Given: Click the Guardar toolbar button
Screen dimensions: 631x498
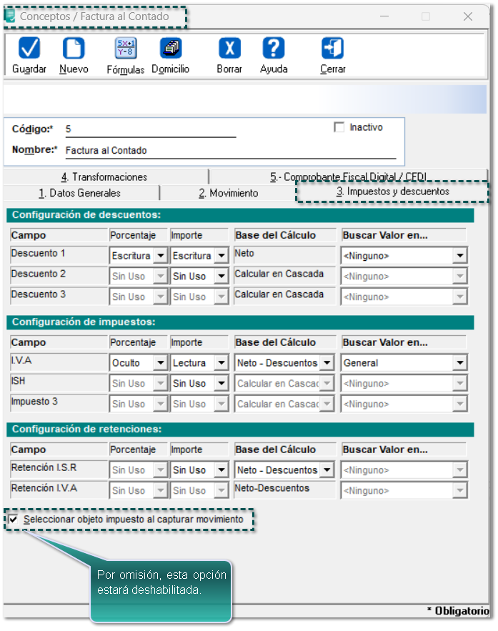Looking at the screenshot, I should click(x=29, y=55).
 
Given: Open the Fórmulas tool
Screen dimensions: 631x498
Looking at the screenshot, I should click(x=126, y=55).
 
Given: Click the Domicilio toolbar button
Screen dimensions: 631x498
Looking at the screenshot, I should click(x=171, y=55).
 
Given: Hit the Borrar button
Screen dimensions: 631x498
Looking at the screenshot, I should click(x=229, y=55).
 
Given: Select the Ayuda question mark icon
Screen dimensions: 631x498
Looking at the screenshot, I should click(x=274, y=55).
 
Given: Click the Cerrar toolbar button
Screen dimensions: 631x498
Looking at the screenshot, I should click(x=333, y=55).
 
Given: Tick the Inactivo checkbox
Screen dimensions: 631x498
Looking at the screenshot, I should click(x=339, y=128).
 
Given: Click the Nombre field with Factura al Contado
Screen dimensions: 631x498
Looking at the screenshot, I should click(x=229, y=151).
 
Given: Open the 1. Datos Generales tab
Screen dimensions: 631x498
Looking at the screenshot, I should click(x=79, y=193).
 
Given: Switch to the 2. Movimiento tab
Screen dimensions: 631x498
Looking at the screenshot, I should click(x=228, y=193).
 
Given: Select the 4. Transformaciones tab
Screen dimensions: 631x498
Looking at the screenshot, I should click(x=104, y=177).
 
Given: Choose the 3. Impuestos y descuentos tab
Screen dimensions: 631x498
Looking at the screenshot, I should click(x=392, y=192).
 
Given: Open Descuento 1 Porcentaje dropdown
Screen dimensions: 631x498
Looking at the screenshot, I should click(x=139, y=256).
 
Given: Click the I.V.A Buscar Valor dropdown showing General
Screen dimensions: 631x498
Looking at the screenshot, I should click(x=404, y=363).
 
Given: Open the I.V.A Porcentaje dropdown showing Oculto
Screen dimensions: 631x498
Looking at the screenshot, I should click(x=139, y=363).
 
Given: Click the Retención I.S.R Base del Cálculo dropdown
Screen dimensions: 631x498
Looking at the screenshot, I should click(x=284, y=470).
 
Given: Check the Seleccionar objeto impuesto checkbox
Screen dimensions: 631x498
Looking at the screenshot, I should click(x=14, y=520).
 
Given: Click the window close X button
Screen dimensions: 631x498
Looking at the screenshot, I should click(x=468, y=16).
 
